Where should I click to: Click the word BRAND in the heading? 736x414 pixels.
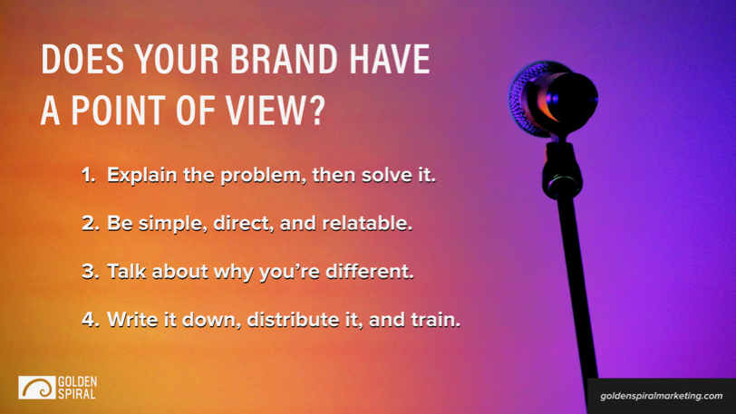pyautogui.click(x=284, y=60)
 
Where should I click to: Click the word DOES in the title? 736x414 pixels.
pyautogui.click(x=82, y=60)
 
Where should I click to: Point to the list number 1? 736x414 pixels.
pyautogui.click(x=88, y=175)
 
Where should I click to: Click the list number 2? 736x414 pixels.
pyautogui.click(x=90, y=224)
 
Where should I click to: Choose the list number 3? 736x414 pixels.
pyautogui.click(x=90, y=271)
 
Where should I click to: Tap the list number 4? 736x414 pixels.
pyautogui.click(x=90, y=320)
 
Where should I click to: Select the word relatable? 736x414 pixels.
pyautogui.click(x=367, y=223)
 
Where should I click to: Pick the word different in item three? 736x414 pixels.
pyautogui.click(x=370, y=271)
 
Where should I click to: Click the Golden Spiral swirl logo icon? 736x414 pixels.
pyautogui.click(x=36, y=388)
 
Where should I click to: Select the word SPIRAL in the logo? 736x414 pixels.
pyautogui.click(x=77, y=394)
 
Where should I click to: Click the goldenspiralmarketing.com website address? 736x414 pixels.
pyautogui.click(x=662, y=396)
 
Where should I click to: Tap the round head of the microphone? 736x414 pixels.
pyautogui.click(x=554, y=99)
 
